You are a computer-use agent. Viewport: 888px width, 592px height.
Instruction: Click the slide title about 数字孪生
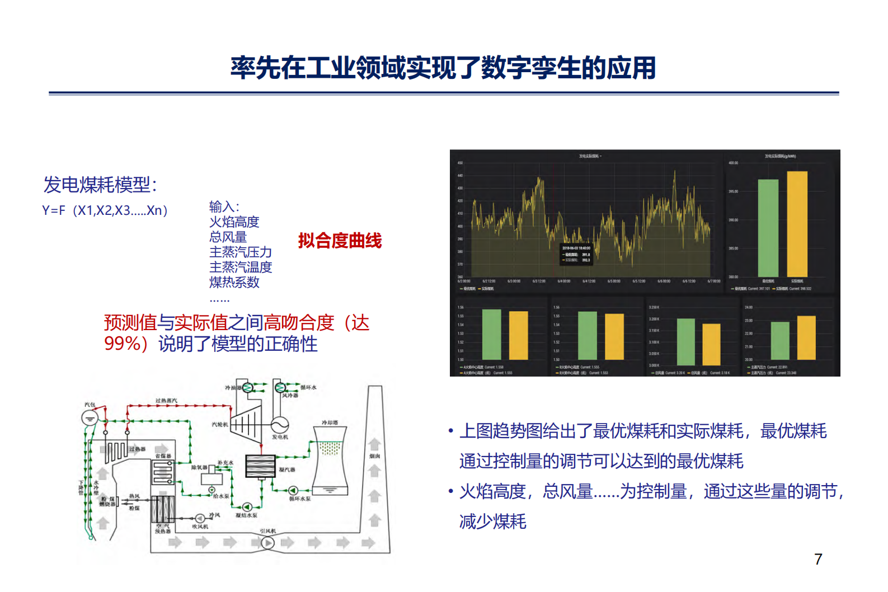tap(443, 68)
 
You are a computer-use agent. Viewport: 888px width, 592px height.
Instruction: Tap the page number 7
tap(818, 559)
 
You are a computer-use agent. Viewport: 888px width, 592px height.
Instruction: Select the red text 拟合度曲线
tap(340, 241)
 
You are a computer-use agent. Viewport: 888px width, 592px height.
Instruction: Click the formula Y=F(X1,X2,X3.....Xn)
tap(105, 210)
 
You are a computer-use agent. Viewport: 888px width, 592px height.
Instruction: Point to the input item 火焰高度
tap(234, 222)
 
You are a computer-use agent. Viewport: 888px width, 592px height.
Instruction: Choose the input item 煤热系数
tap(234, 283)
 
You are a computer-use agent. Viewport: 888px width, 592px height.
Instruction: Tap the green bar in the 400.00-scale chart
tap(768, 228)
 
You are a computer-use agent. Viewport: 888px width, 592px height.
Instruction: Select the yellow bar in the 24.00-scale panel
tap(806, 337)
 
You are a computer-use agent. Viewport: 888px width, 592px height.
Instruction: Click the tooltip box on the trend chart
tap(576, 254)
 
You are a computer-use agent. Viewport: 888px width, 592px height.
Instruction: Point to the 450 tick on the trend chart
tap(460, 163)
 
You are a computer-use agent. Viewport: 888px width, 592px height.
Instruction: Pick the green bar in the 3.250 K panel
tap(685, 341)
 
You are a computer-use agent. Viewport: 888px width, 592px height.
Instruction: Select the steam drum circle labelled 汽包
tap(90, 417)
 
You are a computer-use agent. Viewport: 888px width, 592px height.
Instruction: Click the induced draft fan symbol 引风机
tap(267, 542)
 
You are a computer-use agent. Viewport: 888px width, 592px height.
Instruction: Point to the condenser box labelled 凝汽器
tap(260, 466)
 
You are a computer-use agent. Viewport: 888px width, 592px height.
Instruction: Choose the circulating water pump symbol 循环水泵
tap(293, 491)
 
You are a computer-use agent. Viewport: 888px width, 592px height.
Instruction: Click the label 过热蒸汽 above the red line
tap(166, 401)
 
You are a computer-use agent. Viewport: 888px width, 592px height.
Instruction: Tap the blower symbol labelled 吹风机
tap(200, 518)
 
